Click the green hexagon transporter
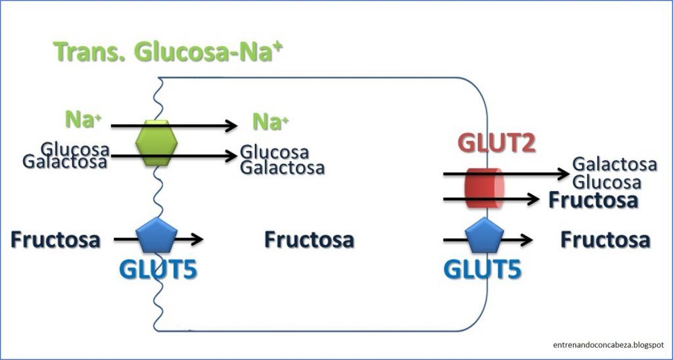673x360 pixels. [x=156, y=143]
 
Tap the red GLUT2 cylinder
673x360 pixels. [x=484, y=188]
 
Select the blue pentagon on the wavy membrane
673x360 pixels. [x=156, y=237]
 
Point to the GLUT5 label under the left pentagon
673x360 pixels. [x=158, y=269]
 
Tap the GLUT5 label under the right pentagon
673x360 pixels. [x=485, y=269]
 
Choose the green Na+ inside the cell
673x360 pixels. [x=271, y=122]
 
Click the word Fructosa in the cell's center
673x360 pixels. [x=309, y=240]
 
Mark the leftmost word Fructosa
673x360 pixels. [x=55, y=240]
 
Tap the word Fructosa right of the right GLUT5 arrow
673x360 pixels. [x=605, y=240]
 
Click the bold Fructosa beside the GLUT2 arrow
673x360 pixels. [x=593, y=200]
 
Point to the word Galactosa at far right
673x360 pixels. [x=615, y=164]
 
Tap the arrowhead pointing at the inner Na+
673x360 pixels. [x=231, y=125]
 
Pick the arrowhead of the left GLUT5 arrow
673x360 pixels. [x=197, y=240]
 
